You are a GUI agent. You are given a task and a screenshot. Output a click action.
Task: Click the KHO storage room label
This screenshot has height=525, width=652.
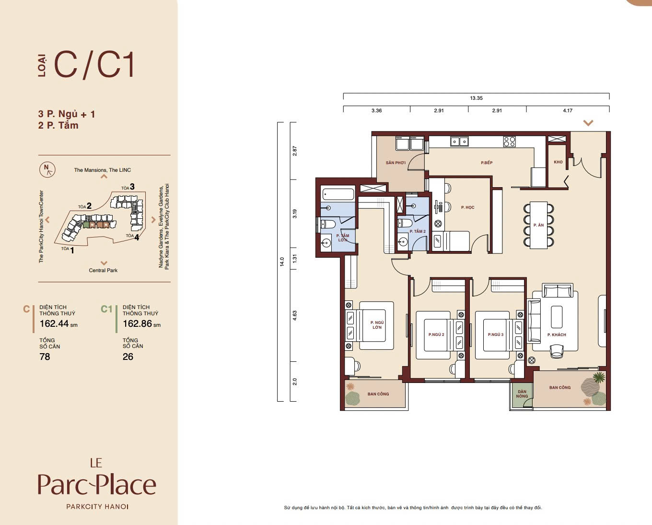point(558,162)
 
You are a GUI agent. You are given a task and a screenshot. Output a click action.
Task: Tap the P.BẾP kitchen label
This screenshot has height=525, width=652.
point(487,163)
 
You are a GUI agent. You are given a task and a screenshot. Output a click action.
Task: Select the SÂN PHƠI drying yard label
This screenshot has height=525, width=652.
point(396,163)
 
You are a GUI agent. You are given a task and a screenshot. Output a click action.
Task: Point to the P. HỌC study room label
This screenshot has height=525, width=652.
point(467,207)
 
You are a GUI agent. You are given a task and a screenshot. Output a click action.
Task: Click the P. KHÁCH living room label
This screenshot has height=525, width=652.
point(557,334)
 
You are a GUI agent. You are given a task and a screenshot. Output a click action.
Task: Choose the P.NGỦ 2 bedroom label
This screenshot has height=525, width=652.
point(436,334)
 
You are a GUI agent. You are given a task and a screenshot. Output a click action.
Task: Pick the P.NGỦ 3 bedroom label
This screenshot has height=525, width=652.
point(496,334)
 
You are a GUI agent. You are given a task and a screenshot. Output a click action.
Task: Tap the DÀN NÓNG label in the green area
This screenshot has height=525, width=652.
point(522,394)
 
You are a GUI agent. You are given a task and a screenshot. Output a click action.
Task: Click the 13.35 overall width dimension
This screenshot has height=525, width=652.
point(476,98)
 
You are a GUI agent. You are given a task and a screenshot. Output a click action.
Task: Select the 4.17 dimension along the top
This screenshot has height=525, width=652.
point(568,110)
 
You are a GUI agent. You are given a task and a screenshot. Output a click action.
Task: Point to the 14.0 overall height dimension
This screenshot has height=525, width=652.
point(282,262)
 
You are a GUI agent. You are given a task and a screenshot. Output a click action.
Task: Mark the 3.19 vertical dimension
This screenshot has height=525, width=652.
point(294,214)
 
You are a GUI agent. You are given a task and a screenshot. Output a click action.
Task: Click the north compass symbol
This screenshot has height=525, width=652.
point(47,169)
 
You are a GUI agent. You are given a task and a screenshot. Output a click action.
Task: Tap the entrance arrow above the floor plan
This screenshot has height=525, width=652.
point(588,123)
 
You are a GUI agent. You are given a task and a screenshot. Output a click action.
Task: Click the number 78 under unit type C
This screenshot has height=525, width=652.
point(45,357)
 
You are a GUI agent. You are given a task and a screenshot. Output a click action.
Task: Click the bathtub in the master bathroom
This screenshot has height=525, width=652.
point(338,193)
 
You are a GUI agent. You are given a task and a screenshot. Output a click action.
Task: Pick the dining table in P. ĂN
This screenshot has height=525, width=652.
point(539,225)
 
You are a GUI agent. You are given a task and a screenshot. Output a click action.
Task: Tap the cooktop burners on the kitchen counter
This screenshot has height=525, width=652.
point(509,142)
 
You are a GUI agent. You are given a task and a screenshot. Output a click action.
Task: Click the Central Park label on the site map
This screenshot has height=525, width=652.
point(103,270)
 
